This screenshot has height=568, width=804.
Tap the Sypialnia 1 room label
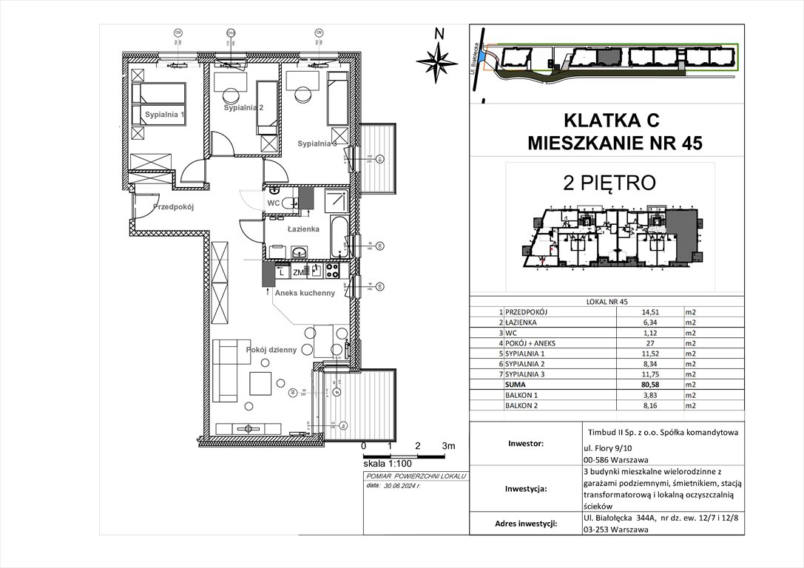(164, 115)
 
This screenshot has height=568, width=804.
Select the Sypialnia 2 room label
(244, 108)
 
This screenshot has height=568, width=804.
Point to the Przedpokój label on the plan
(173, 207)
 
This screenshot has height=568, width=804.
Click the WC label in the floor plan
(273, 203)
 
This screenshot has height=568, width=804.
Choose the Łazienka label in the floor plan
(303, 229)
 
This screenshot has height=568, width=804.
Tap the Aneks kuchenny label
(305, 293)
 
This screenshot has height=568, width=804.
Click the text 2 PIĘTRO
(609, 182)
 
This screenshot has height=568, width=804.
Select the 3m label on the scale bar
(448, 446)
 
